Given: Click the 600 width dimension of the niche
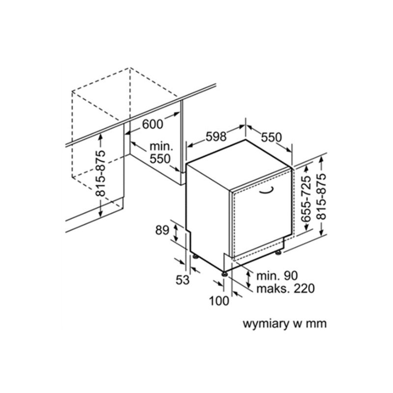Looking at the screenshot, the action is [152, 124].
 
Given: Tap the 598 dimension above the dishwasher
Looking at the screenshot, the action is [216, 137].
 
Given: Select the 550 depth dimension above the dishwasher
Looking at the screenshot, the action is [272, 138].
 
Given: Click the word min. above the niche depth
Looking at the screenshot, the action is [162, 146].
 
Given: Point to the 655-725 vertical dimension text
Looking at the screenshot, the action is [306, 199].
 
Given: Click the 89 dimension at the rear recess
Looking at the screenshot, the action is [162, 230].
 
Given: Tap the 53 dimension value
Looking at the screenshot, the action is [182, 280].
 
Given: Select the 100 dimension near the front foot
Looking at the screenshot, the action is [219, 301].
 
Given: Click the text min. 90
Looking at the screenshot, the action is [277, 276].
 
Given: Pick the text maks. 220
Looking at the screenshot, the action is [285, 288].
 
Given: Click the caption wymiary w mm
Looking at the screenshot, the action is [285, 324].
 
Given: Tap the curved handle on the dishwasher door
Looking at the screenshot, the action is [266, 190].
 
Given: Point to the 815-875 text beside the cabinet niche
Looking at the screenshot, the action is [101, 173].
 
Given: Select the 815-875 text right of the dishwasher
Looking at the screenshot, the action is [322, 197].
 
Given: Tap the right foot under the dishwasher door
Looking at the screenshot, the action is [278, 253].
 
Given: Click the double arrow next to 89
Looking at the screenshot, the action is [176, 232].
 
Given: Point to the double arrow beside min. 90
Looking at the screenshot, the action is [248, 279].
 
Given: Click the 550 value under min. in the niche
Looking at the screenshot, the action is [160, 159].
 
